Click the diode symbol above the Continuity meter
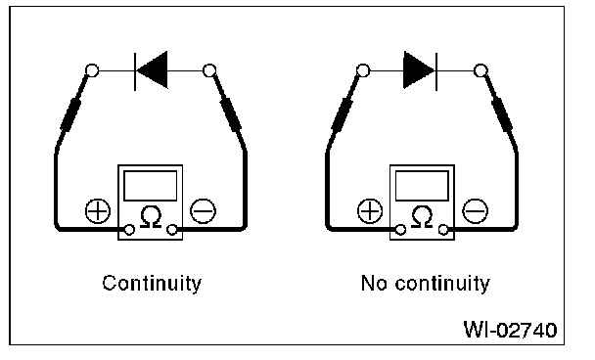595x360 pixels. [x=151, y=70]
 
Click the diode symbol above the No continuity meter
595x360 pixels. [x=421, y=70]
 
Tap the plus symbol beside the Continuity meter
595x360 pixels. [x=98, y=211]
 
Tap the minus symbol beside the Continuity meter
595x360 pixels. [x=203, y=211]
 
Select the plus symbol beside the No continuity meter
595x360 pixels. [x=370, y=211]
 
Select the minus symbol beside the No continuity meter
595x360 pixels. [x=475, y=211]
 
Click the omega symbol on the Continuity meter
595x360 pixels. [x=151, y=217]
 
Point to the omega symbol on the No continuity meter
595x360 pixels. [x=423, y=217]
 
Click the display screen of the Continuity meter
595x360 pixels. [x=151, y=186]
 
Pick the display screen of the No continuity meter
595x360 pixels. [x=422, y=186]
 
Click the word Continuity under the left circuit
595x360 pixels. [x=152, y=284]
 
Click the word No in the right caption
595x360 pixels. [x=373, y=284]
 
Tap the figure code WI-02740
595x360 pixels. [x=511, y=330]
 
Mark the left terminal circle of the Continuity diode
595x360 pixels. [x=92, y=70]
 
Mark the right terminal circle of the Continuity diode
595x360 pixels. [x=209, y=70]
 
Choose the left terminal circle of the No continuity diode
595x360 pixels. [x=363, y=70]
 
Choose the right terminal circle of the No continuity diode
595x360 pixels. [x=481, y=70]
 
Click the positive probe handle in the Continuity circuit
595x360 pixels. [x=70, y=114]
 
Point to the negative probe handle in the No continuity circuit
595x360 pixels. [x=502, y=114]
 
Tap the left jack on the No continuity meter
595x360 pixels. [x=400, y=230]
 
